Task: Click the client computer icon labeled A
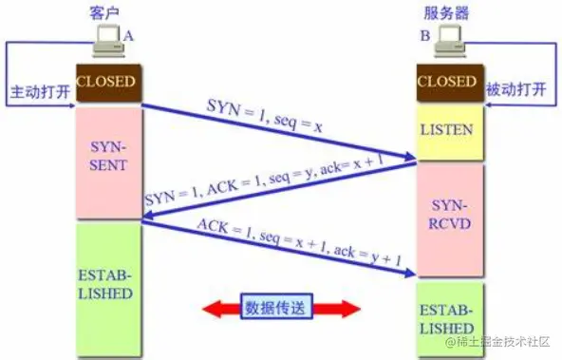106,41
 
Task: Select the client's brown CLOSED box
106,84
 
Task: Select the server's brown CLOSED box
448,83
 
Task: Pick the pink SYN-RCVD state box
448,219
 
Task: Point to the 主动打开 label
38,95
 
